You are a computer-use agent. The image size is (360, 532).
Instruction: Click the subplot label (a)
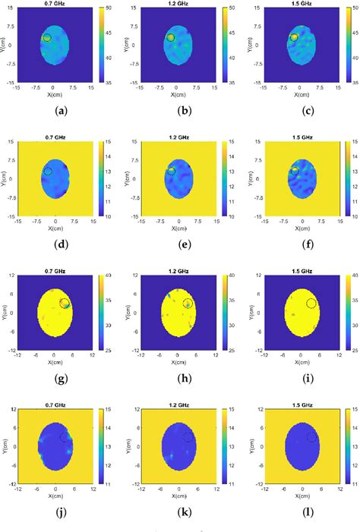(57, 110)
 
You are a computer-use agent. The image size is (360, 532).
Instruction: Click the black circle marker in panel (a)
(46, 38)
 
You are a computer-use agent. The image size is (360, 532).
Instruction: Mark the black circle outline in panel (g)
(65, 304)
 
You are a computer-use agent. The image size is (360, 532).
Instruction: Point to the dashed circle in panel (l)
(311, 436)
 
